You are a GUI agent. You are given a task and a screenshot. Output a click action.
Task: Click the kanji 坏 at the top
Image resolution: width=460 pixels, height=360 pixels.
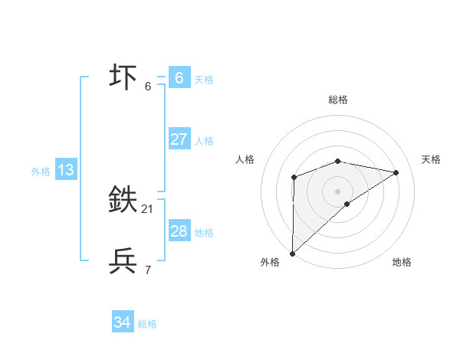[123, 77]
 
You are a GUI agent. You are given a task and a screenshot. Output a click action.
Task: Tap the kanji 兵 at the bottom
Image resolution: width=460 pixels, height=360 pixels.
[123, 261]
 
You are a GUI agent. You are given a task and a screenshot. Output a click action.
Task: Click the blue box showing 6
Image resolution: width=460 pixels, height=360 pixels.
[179, 77]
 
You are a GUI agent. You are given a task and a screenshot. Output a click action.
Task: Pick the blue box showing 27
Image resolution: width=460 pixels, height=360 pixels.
[179, 139]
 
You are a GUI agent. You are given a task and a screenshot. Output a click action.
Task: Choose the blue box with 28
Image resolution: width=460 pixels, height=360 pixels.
[179, 231]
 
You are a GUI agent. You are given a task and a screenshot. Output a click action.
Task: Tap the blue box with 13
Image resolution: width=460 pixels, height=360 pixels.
[65, 170]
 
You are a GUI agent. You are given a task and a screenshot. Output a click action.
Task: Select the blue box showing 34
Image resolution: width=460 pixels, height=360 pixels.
[122, 323]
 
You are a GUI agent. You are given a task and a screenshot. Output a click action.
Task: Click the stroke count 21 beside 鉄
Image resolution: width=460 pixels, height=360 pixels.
[147, 209]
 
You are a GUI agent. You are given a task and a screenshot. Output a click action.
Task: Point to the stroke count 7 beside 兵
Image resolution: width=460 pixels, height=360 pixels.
[147, 270]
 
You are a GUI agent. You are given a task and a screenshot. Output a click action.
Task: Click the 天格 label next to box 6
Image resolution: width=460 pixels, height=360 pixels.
[204, 79]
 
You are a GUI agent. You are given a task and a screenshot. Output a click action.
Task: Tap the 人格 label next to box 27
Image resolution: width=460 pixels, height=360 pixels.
[204, 141]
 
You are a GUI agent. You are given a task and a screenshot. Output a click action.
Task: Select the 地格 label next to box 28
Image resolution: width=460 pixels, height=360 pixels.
[204, 233]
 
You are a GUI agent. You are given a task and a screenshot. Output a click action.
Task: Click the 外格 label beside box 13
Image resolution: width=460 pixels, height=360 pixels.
[41, 172]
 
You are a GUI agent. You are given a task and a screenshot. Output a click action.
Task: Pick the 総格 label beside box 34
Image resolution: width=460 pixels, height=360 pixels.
[147, 325]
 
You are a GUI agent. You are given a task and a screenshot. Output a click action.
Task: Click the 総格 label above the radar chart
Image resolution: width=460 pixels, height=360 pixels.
[337, 100]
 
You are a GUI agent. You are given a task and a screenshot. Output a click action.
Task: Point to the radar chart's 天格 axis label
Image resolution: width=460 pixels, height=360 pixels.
[431, 159]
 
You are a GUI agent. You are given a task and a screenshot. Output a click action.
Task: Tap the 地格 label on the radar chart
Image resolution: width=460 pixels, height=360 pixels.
[402, 262]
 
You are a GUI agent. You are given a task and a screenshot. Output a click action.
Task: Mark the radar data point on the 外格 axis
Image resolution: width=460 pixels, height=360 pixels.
[292, 253]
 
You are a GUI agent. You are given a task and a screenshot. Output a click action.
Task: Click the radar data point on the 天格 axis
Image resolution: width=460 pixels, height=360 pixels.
[396, 172]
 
